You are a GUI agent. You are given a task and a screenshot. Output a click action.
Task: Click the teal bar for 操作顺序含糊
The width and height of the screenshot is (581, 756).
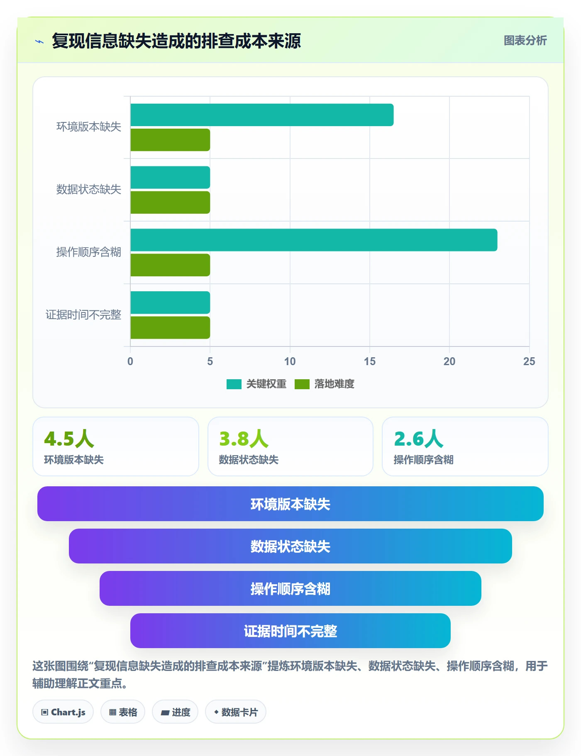tap(314, 240)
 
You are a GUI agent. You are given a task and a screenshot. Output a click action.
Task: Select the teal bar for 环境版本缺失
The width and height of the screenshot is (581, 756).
tap(262, 115)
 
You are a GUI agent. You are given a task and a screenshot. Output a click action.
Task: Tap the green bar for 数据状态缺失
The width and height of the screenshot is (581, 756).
tap(170, 202)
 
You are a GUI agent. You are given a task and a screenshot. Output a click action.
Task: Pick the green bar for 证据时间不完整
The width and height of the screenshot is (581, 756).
tap(170, 328)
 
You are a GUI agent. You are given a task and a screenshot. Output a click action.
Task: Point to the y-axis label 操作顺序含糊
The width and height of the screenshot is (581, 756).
tap(89, 252)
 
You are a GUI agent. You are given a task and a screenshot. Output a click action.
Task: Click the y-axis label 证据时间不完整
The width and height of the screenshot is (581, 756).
tap(83, 315)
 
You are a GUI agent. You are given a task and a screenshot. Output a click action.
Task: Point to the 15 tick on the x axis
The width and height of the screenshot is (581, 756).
tap(370, 361)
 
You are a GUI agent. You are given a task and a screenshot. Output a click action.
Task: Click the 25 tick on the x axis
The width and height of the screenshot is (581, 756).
tap(529, 361)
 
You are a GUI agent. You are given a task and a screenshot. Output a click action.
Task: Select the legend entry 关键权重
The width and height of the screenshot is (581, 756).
tap(256, 384)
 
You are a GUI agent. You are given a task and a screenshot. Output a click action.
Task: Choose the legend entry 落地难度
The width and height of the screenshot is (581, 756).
tap(325, 384)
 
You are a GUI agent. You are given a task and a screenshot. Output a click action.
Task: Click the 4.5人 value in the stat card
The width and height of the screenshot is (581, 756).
tap(69, 439)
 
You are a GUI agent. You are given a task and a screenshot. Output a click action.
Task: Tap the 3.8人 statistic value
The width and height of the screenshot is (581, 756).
tap(244, 439)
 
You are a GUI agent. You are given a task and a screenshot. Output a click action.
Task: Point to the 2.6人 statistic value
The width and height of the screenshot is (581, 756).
tap(419, 439)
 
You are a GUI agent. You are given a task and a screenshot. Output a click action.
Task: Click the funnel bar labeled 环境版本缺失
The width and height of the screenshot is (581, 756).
tap(290, 504)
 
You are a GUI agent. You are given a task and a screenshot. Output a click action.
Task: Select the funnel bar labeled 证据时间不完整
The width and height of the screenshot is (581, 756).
tap(290, 631)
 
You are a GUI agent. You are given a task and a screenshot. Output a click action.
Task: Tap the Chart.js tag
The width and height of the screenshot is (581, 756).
tap(63, 712)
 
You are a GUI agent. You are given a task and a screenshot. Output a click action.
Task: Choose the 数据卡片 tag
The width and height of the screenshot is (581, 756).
tap(236, 712)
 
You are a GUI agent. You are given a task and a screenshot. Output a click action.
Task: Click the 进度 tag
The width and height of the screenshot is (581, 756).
tap(175, 712)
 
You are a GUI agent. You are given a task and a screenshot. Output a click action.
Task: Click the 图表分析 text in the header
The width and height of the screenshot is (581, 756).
tap(525, 40)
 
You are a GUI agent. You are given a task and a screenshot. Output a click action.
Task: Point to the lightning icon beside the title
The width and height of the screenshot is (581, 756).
tap(39, 41)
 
